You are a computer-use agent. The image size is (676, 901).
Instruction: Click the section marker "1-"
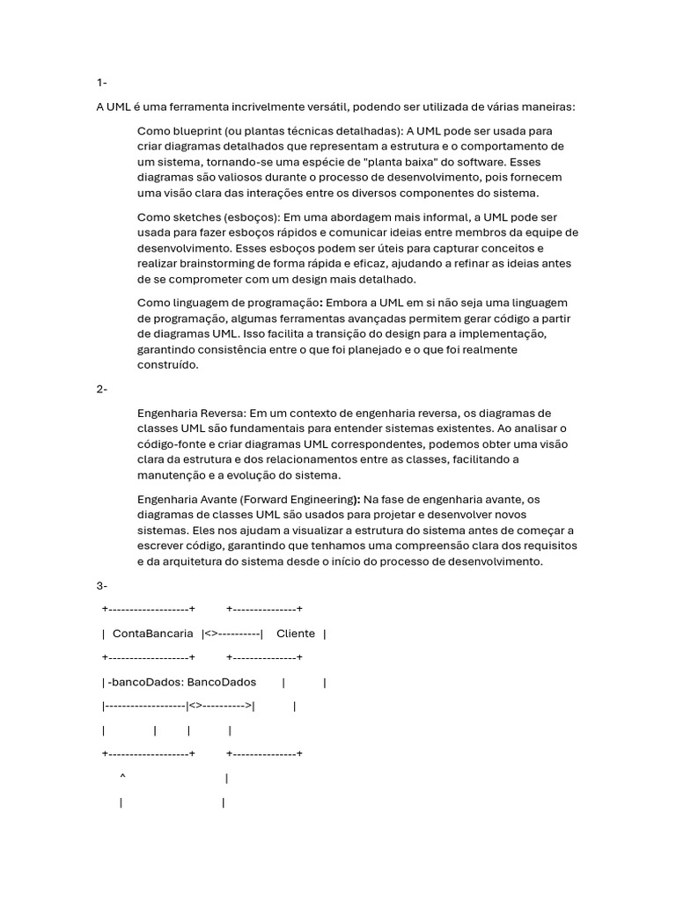[101, 83]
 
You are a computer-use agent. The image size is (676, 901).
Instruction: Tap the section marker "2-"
[102, 390]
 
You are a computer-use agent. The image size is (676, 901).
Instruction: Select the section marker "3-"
[102, 585]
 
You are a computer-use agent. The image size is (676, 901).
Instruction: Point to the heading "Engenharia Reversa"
[192, 413]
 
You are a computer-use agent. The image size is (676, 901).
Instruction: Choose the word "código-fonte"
[173, 444]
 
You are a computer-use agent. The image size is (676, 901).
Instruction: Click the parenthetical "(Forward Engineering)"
[300, 499]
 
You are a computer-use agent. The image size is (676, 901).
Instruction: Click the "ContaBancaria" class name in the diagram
[153, 634]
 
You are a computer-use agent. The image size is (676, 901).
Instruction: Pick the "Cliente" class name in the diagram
[296, 634]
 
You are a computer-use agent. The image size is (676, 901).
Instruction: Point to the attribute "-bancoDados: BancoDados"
[182, 682]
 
